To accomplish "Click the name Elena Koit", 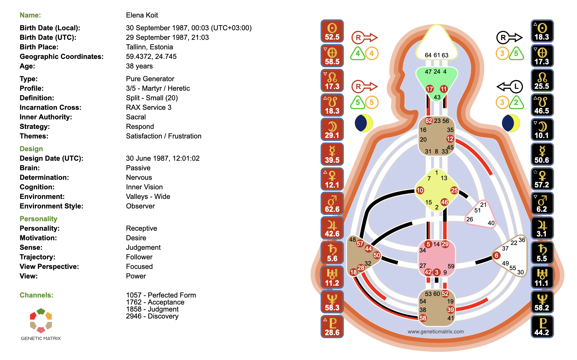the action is coord(142,15).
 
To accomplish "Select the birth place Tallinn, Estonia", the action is coord(149,47).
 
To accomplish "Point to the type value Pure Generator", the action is coord(150,79).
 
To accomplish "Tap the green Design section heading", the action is coord(31,149).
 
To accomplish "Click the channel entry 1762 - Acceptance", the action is coord(155,302).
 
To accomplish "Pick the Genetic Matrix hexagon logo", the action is coord(41,320).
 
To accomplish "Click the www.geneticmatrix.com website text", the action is coord(436,331).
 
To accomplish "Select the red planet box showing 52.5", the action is coord(332,31).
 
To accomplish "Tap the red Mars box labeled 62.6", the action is coord(332,203).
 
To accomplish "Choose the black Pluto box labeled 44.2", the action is coord(542,327).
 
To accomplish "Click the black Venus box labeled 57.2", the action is coord(542,179).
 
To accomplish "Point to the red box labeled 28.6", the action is coord(332,327).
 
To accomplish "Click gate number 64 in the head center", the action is coord(428,55).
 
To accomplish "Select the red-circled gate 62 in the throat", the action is coord(429,121).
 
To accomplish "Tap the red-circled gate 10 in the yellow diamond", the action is coord(420,191).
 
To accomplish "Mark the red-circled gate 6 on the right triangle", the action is coord(496,255).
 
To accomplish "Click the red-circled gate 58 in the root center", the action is coord(423,318).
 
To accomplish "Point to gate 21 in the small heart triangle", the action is coord(483,205).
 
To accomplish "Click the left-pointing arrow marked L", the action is coord(510,86).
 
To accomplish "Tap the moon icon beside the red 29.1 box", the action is coord(364,123).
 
